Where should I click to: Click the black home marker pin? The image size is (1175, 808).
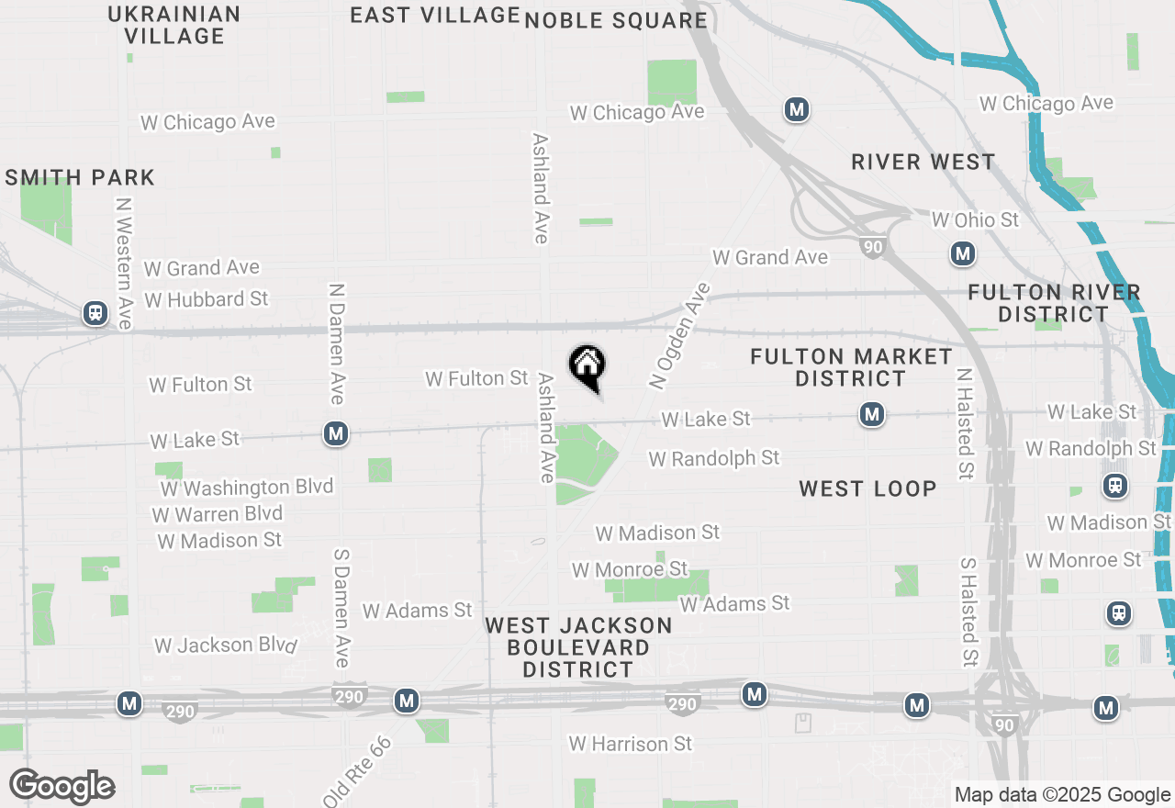(x=587, y=366)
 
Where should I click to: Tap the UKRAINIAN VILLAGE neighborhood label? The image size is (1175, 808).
(x=174, y=25)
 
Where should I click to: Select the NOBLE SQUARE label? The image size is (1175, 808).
(x=616, y=20)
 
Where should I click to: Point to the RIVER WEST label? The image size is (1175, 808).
(x=923, y=162)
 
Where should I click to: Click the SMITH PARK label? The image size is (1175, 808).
(x=80, y=177)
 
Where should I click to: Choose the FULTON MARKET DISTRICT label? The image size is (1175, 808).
(x=851, y=367)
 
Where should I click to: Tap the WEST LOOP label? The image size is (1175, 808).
(x=867, y=488)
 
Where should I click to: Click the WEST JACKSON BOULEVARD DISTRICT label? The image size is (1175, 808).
(x=578, y=647)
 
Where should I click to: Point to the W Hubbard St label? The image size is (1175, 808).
(x=207, y=299)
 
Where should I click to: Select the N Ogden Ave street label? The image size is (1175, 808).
(x=679, y=335)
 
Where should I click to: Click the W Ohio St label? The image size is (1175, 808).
(x=975, y=220)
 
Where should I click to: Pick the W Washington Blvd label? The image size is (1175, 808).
(x=246, y=488)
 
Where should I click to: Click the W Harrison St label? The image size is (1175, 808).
(x=630, y=743)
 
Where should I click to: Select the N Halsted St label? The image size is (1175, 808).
(x=964, y=424)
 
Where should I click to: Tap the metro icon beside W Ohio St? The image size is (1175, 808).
(x=962, y=253)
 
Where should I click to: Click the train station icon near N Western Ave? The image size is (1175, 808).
(x=95, y=313)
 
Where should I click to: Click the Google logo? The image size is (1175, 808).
(x=62, y=786)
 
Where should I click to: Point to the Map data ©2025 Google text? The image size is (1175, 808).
(x=1062, y=795)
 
